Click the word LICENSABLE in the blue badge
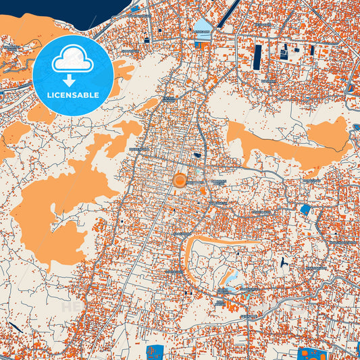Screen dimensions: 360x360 72,95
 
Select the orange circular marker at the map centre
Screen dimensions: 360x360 180,180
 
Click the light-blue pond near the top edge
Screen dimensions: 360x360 203,26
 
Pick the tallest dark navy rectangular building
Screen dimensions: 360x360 257,57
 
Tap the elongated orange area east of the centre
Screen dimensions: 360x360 284,142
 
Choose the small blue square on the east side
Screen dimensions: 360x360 305,210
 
